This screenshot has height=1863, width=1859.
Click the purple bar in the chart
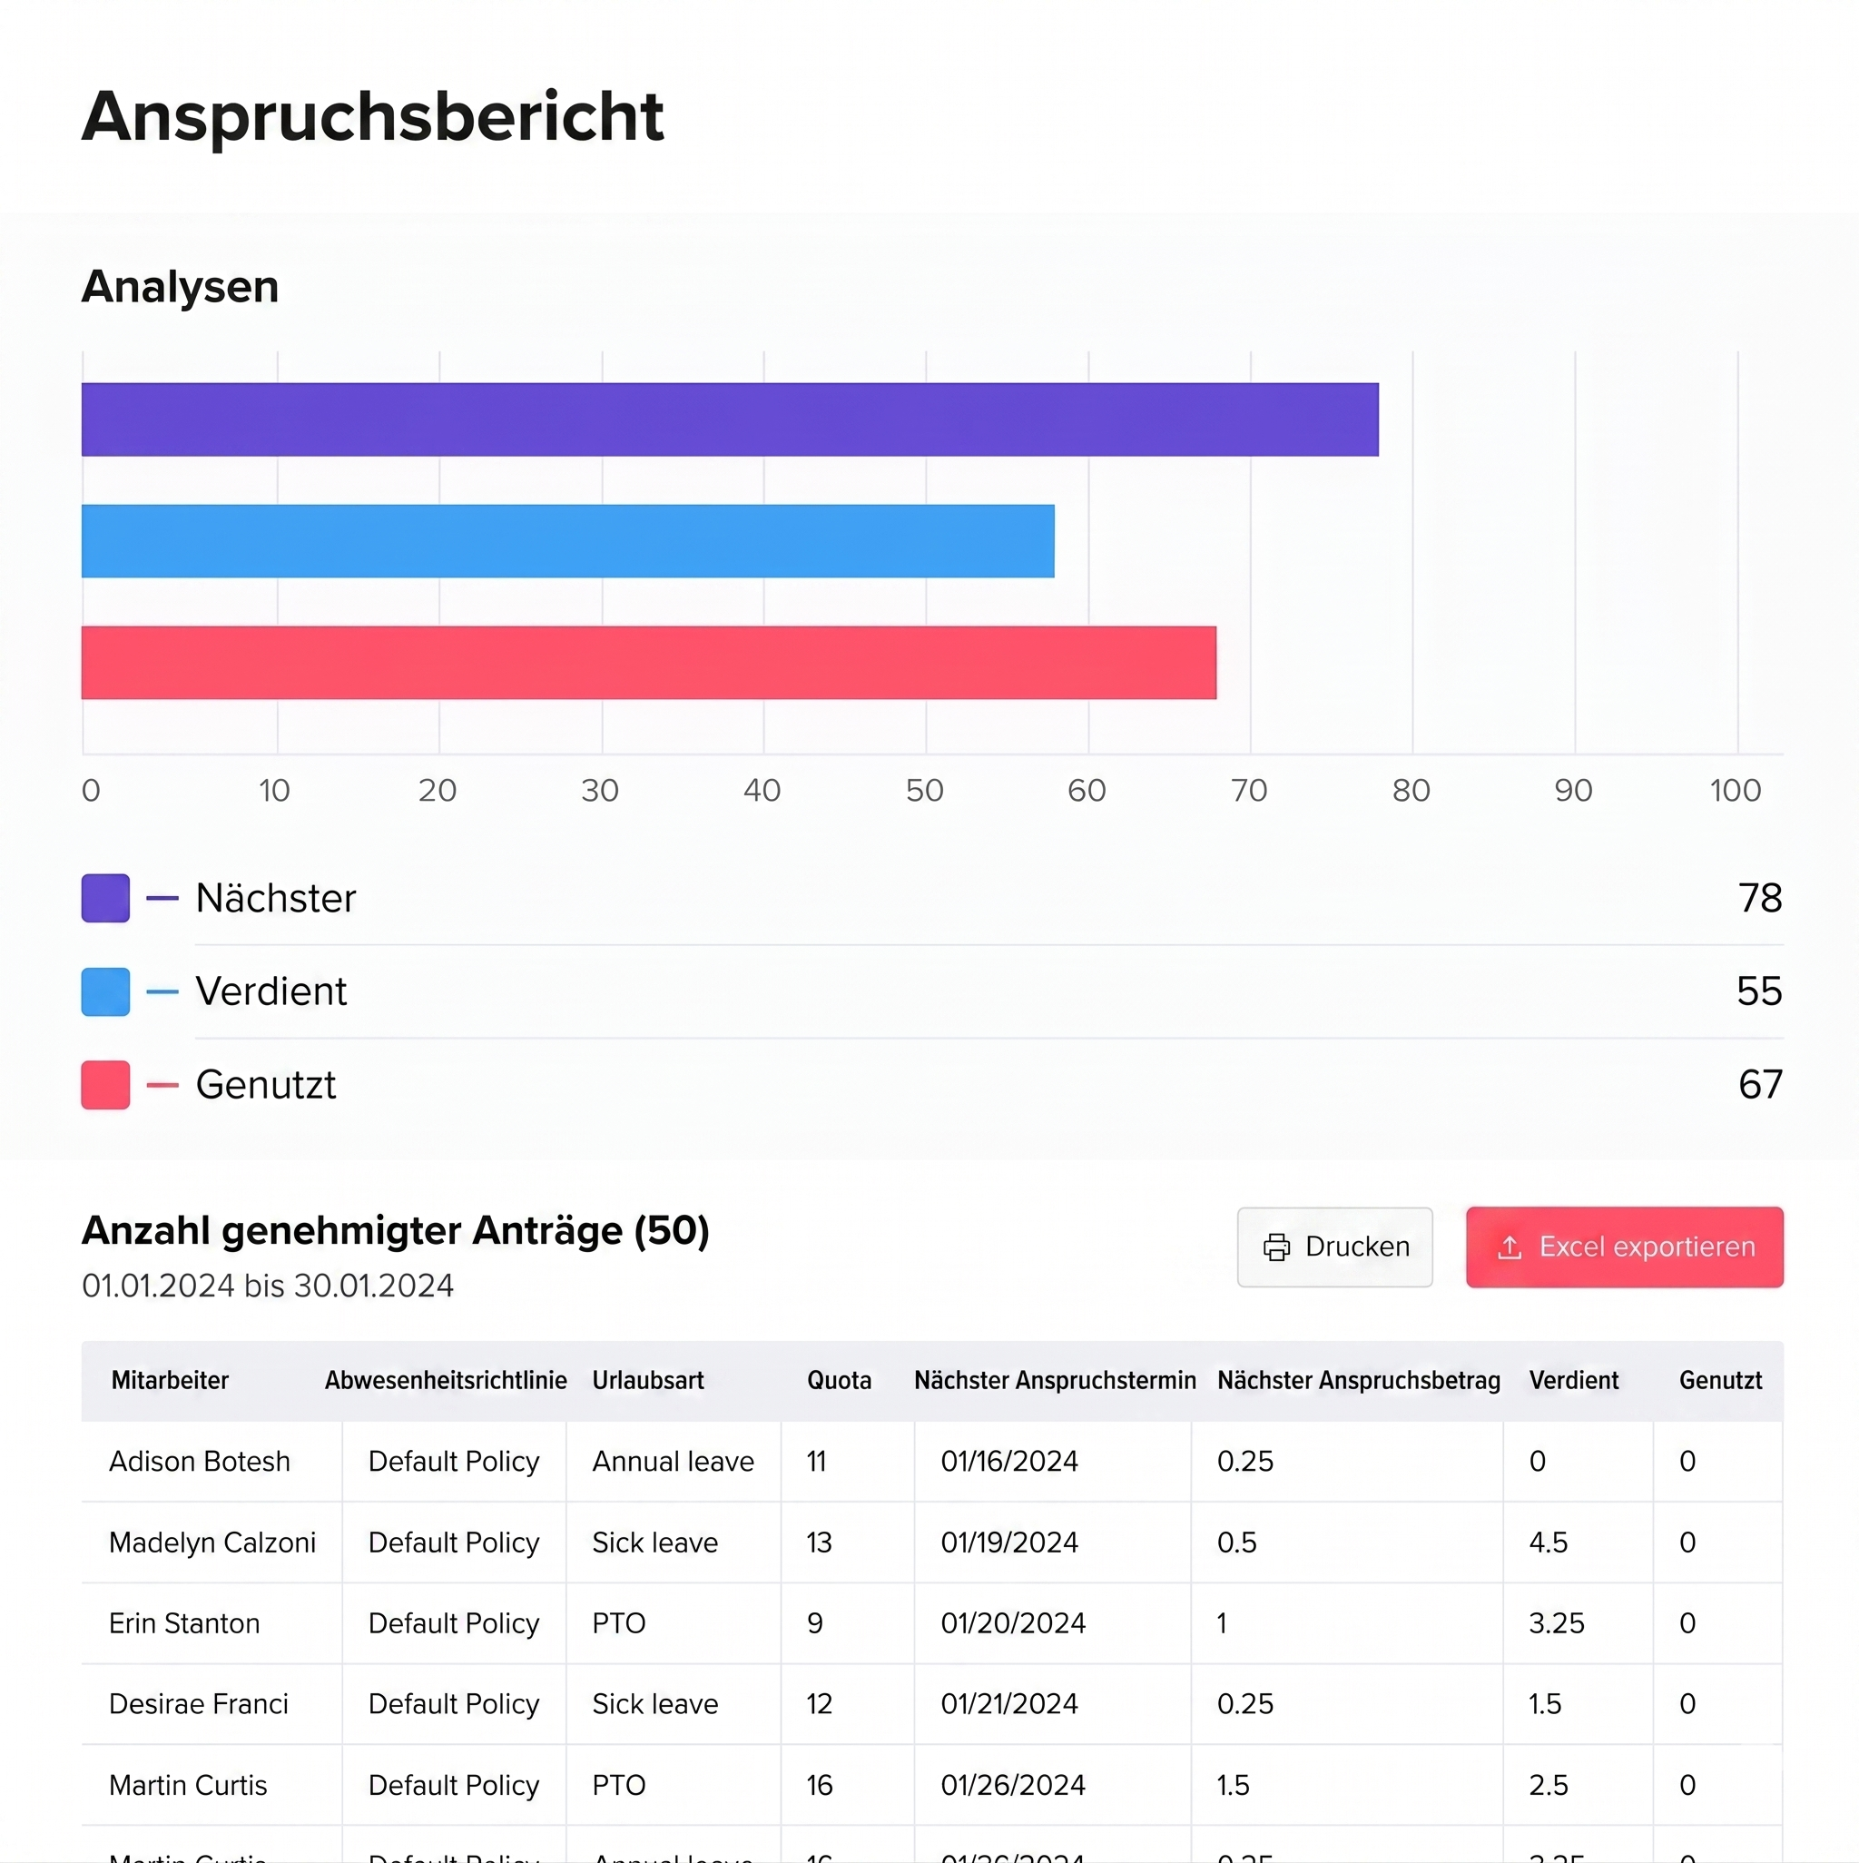tap(729, 419)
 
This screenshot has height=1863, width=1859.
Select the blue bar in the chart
tap(567, 541)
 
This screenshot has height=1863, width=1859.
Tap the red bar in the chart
tap(648, 663)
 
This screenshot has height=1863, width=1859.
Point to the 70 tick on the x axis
tap(1249, 791)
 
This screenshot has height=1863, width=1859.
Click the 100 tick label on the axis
tap(1735, 791)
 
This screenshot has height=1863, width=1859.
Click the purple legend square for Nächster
tap(105, 898)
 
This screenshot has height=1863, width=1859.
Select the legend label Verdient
tap(270, 991)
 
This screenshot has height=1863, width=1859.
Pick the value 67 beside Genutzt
tap(1760, 1085)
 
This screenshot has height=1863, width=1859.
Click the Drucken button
tap(1334, 1247)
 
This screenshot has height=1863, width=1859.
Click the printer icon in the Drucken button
tap(1276, 1247)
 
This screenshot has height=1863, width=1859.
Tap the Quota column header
tap(839, 1381)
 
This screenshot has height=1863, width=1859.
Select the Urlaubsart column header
tap(648, 1381)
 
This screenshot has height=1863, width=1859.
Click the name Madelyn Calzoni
tap(212, 1543)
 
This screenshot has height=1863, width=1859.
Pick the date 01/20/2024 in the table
tap(1012, 1624)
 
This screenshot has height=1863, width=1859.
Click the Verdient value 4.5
tap(1548, 1543)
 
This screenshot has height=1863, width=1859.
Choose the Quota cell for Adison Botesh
tap(817, 1462)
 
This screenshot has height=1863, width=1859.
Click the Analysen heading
tap(181, 286)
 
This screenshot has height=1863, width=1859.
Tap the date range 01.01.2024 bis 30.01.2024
tap(267, 1286)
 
